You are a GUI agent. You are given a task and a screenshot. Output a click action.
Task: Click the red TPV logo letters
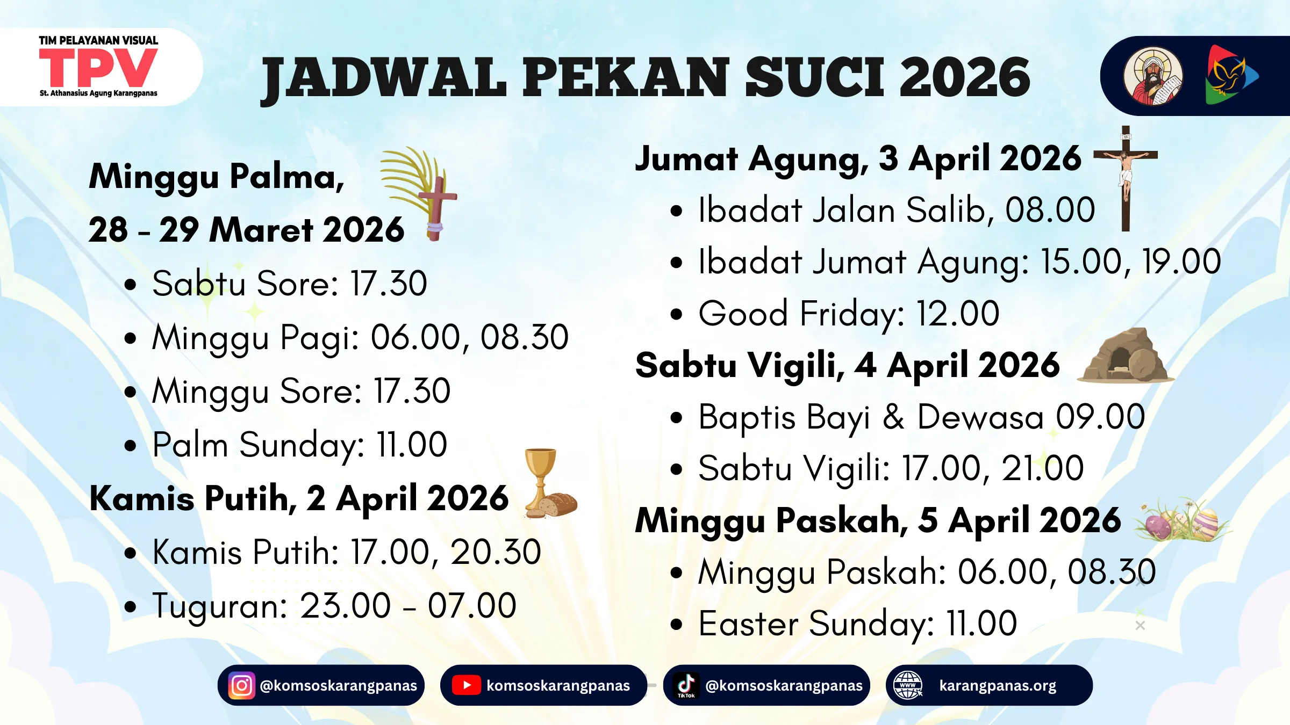(x=98, y=68)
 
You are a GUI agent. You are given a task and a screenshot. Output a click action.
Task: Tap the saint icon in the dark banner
(x=1152, y=76)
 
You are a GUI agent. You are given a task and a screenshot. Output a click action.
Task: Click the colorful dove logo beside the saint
(x=1231, y=76)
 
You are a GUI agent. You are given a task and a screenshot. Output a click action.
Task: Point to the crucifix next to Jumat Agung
(x=1126, y=177)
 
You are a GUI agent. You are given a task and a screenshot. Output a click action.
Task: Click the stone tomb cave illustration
(x=1126, y=357)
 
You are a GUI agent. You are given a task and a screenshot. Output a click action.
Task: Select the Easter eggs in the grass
(x=1182, y=521)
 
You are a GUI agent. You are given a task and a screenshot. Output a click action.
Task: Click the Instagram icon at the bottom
(x=241, y=685)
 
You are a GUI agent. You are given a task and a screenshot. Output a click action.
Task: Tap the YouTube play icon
(x=466, y=685)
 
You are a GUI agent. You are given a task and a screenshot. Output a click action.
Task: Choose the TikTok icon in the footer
(x=686, y=685)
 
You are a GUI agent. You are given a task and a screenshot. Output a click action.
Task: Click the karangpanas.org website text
(x=998, y=686)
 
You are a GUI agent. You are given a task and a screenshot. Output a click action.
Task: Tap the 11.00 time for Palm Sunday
(x=412, y=445)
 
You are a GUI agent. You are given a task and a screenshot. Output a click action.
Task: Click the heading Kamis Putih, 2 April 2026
(x=299, y=498)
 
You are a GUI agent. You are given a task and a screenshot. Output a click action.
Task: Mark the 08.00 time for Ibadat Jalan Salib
(x=1050, y=210)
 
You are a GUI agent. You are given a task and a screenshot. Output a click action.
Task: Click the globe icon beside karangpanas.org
(x=908, y=685)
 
